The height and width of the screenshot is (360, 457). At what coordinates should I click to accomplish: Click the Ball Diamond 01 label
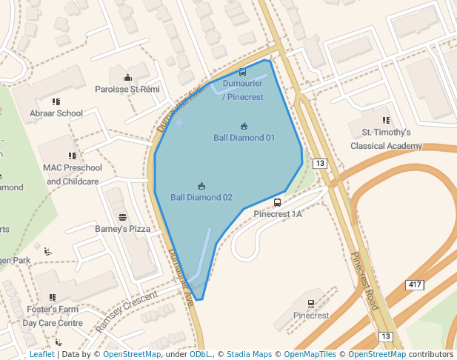coord(244,138)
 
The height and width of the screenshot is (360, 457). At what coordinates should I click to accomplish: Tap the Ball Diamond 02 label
coord(201,198)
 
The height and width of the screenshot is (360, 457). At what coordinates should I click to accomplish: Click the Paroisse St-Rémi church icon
coord(127,77)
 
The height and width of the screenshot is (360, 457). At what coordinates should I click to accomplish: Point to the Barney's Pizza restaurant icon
coord(122,217)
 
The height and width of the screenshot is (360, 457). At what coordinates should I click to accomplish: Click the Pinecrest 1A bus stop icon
coord(277,202)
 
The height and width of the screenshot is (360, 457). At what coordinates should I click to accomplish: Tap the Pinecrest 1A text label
coord(278,214)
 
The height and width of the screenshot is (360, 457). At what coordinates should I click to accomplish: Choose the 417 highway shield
coord(415,285)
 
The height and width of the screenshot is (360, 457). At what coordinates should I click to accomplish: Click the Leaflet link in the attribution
coord(42,355)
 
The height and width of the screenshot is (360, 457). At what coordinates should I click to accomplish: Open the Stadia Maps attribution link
coord(249,355)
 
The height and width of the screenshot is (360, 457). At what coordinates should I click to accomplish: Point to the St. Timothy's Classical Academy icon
coord(386,119)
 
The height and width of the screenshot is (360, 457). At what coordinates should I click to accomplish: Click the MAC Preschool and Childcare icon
coord(73,156)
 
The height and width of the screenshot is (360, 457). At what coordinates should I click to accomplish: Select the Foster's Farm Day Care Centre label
coord(52,316)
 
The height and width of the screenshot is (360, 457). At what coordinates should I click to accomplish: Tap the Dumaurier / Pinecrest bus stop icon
coord(243,72)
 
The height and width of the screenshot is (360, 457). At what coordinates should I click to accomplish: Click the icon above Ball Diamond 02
coord(201,186)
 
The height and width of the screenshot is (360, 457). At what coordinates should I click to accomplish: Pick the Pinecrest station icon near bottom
coord(310,303)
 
